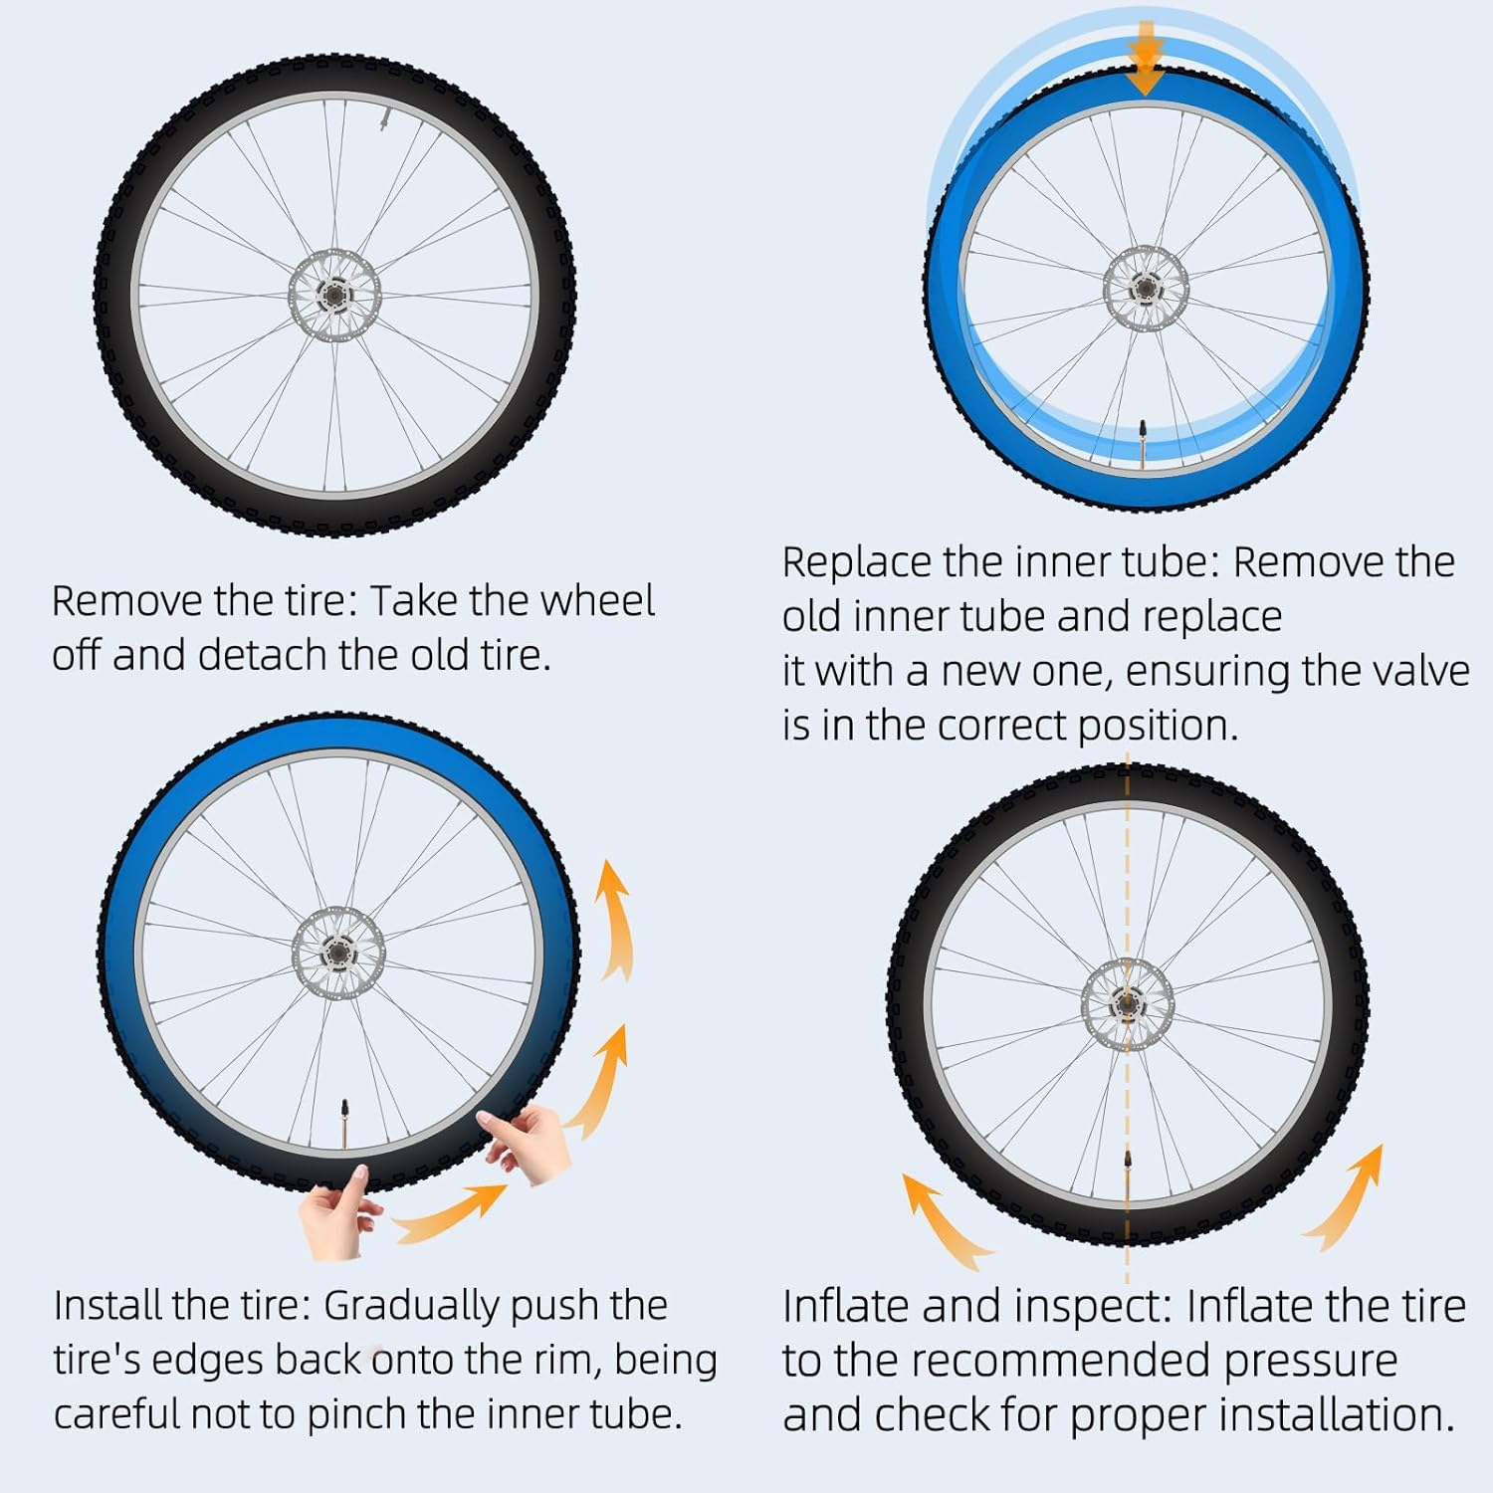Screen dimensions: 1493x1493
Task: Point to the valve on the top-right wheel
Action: (1143, 439)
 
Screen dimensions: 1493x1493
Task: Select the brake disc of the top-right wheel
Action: (1146, 289)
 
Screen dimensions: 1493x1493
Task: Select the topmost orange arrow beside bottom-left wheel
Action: (615, 921)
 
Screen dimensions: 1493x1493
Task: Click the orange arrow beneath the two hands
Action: (453, 1214)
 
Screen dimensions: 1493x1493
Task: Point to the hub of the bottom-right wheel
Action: (1127, 1003)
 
